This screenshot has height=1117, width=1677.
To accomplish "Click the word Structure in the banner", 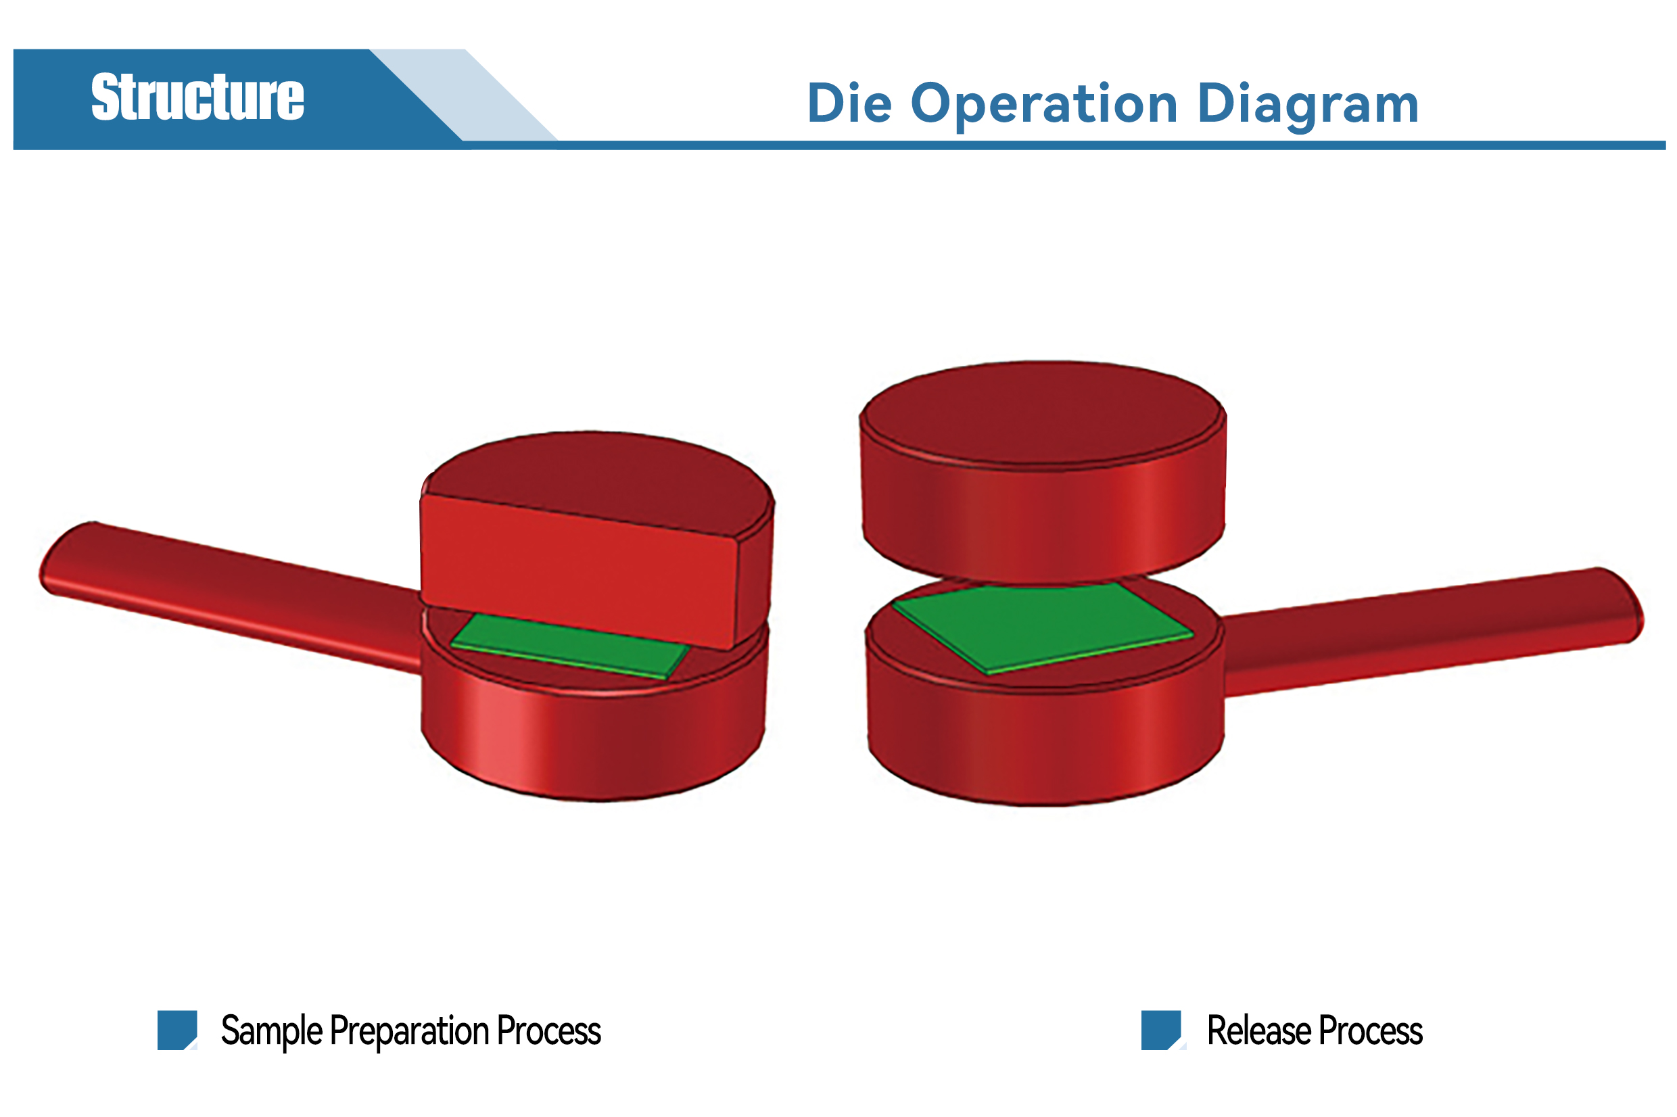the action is pos(197,97).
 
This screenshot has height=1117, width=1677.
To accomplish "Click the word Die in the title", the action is pos(849,104).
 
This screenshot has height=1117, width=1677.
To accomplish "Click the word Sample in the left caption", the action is pos(271,1032).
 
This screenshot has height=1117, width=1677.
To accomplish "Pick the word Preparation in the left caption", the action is pos(410,1032).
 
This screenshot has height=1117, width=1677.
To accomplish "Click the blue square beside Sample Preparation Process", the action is pos(176,1030).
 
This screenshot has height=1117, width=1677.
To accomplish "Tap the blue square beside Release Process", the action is pos(1160,1030).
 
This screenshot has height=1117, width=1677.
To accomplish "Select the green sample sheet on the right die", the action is pos(1041,627).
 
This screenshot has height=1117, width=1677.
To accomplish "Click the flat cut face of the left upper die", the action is pos(578,571).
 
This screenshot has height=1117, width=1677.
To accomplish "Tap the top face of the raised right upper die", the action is pos(1042,413).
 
